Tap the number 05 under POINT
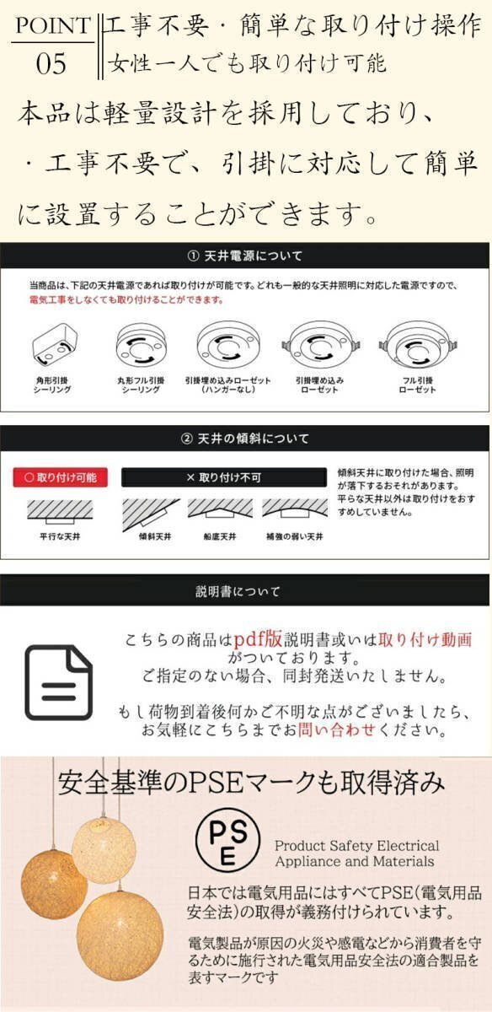pyautogui.click(x=51, y=64)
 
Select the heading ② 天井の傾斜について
pyautogui.click(x=245, y=439)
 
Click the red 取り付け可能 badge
pyautogui.click(x=60, y=477)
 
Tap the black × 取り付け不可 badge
pyautogui.click(x=223, y=477)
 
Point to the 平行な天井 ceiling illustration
pyautogui.click(x=58, y=511)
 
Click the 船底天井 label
pyautogui.click(x=219, y=536)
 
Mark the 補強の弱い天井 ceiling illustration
pyautogui.click(x=294, y=509)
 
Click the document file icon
pyautogui.click(x=58, y=682)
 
